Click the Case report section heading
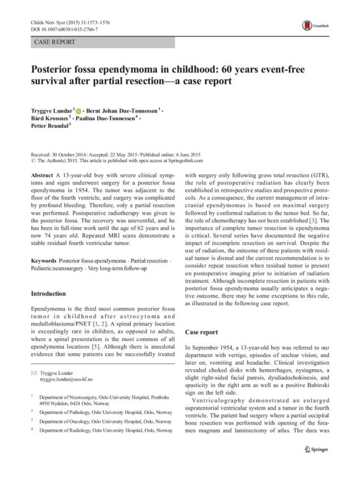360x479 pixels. click(202, 333)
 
